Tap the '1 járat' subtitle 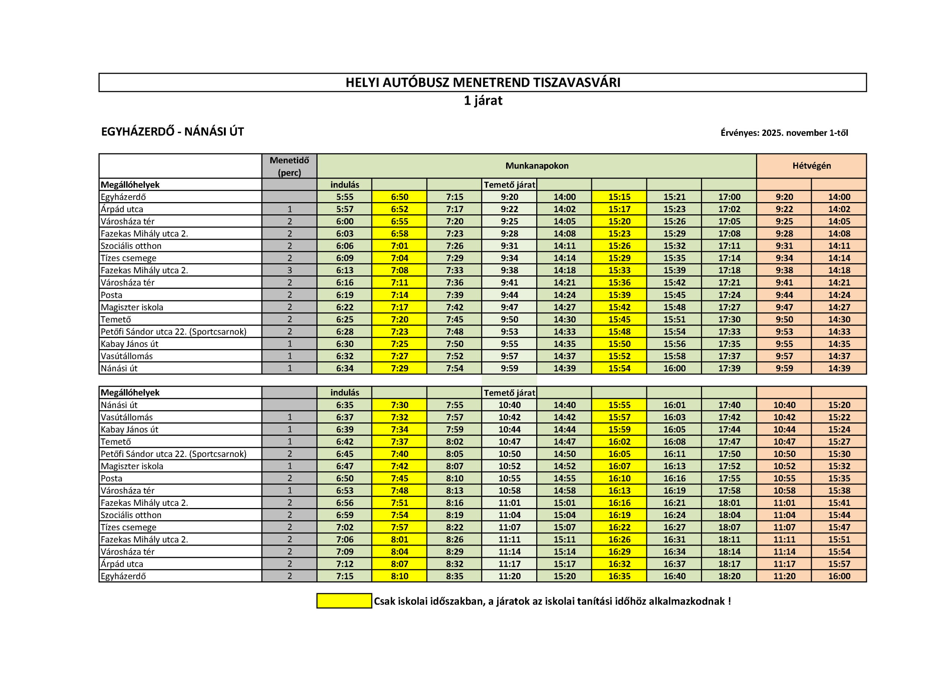[483, 101]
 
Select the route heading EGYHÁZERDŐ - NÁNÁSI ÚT [173, 132]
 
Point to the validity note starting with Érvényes [784, 133]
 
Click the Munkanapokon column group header [537, 166]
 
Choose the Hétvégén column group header [811, 166]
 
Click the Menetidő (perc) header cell [289, 166]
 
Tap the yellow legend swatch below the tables [344, 601]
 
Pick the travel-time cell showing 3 [289, 270]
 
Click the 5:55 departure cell [345, 197]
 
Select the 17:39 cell [729, 368]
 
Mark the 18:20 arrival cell [729, 576]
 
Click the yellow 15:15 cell [619, 197]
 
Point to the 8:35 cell [454, 576]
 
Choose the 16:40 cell [674, 576]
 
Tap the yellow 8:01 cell [399, 540]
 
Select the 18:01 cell [729, 502]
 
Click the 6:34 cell [345, 368]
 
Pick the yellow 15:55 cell [619, 405]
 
